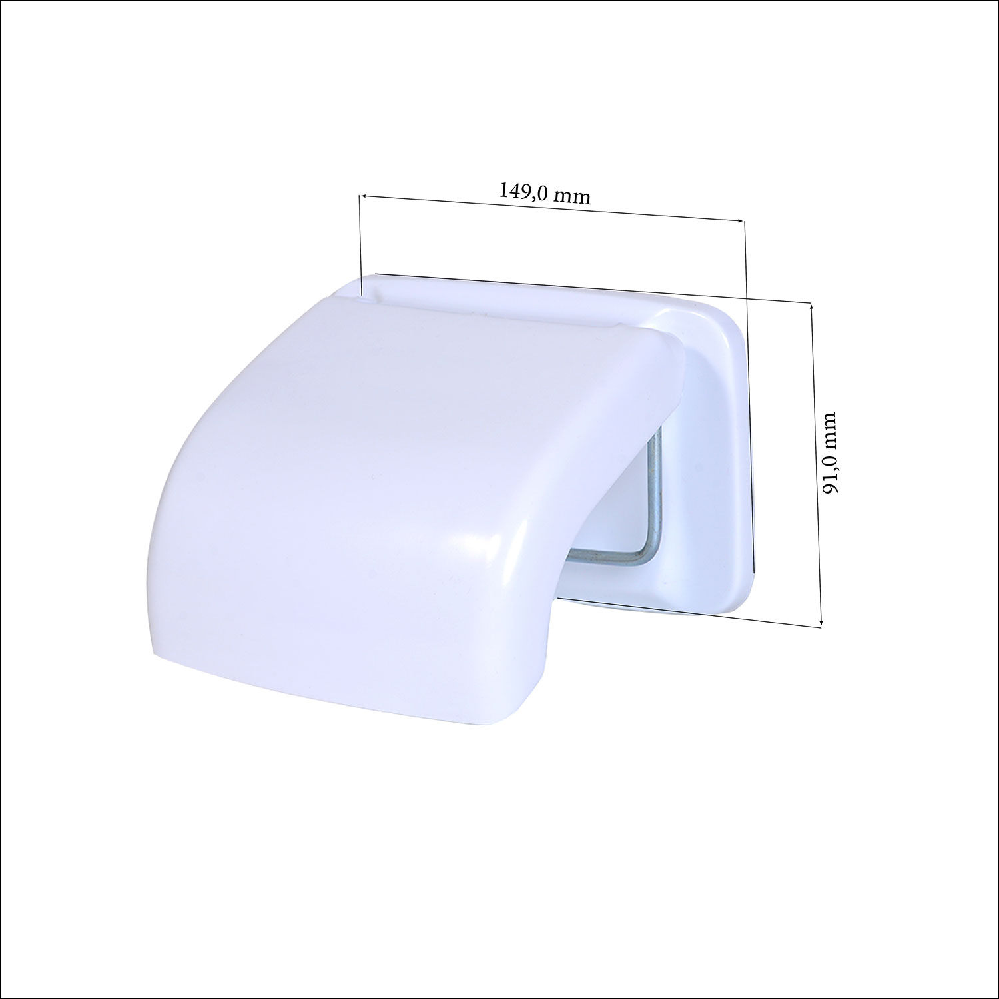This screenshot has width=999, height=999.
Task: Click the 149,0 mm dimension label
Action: pyautogui.click(x=545, y=193)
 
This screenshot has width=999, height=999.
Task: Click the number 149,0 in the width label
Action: pyautogui.click(x=523, y=191)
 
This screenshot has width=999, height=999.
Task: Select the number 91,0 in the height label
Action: pyautogui.click(x=828, y=474)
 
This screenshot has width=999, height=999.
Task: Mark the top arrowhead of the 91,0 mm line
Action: pyautogui.click(x=812, y=307)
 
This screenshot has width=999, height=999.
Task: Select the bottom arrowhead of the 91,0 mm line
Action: pyautogui.click(x=821, y=619)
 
